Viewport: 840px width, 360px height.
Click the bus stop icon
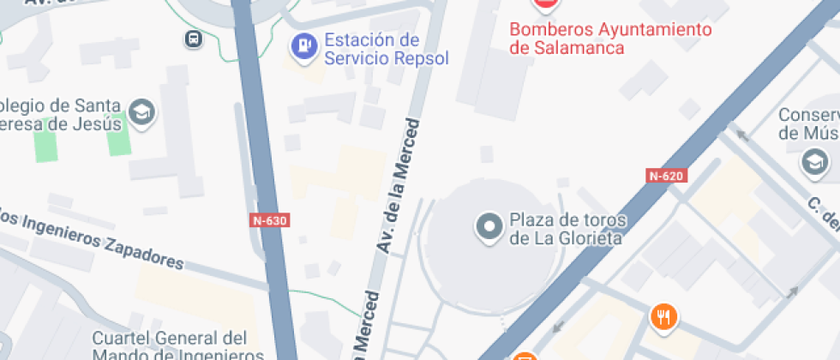[194, 39]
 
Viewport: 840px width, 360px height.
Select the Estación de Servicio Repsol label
[373, 50]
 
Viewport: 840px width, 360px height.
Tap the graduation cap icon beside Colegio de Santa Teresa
[141, 112]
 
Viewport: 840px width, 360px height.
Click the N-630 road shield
[270, 220]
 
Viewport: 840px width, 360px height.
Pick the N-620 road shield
[666, 177]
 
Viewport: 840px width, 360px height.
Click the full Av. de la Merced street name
[400, 185]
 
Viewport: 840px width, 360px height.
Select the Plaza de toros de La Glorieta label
[568, 229]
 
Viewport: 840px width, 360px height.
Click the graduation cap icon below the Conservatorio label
[813, 161]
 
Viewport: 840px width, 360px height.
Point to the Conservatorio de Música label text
[808, 124]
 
